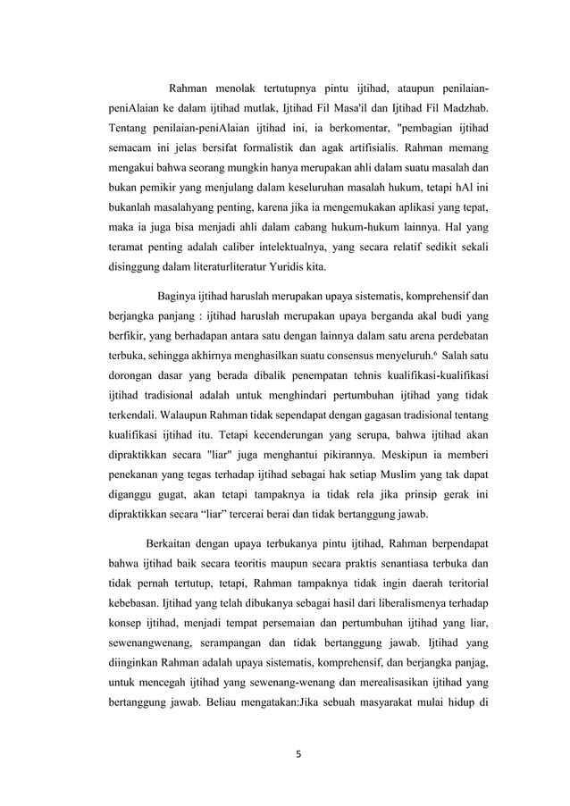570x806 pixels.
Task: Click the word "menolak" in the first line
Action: coord(238,89)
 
